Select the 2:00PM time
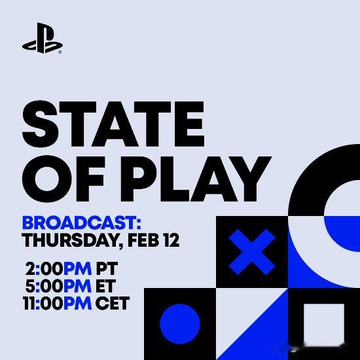coord(58,269)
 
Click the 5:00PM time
coord(58,286)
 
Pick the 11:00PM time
coord(55,304)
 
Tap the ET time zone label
coord(106,286)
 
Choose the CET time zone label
coord(113,304)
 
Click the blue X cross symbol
coord(252,253)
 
